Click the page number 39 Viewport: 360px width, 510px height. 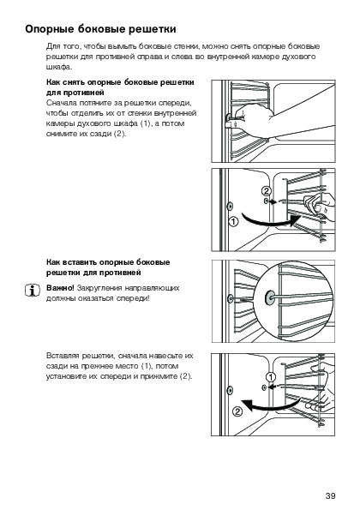330,495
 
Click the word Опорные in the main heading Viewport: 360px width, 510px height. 50,29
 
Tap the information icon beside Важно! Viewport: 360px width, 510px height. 33,290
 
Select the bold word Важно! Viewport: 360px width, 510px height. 60,288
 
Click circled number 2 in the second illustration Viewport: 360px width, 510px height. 266,191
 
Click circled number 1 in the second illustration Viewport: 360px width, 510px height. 233,222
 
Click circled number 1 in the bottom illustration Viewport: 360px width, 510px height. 271,377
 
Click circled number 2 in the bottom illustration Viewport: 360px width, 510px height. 237,411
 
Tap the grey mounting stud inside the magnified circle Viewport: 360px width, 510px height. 270,297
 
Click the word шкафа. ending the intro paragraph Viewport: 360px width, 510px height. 59,67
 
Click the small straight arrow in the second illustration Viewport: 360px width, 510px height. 273,202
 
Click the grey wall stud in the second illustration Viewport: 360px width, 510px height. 230,206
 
